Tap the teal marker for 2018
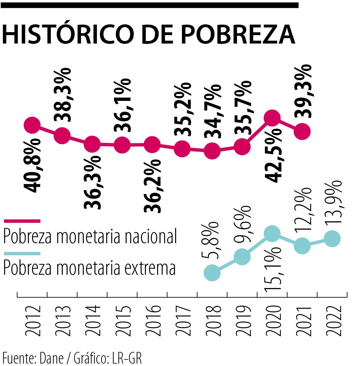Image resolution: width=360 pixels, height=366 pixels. point(212,273)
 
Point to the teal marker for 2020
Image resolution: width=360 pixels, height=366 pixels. point(272,234)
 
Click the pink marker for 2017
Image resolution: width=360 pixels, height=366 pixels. point(182,149)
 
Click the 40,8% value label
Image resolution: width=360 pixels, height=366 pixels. point(32,166)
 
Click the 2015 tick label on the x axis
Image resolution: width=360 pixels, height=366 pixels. point(122,321)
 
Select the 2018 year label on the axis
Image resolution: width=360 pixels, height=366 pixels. point(212,321)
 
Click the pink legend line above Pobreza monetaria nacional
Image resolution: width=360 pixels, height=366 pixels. point(22,221)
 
